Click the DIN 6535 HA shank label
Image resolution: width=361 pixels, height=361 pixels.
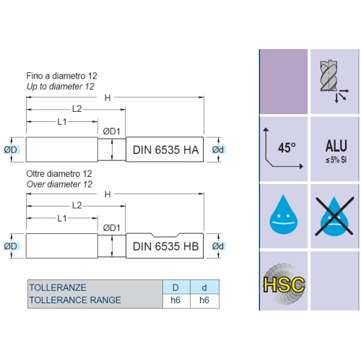pos(166,150)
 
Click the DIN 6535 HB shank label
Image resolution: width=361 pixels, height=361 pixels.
pos(166,246)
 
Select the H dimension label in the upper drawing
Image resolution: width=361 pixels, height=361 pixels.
pos(108,98)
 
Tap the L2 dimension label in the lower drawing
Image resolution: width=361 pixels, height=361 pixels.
pos(77,205)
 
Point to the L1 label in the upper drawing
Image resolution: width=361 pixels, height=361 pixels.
pos(62,122)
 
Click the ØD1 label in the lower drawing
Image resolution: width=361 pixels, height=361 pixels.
pos(111,227)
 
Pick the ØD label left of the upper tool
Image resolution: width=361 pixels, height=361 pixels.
pos(11,149)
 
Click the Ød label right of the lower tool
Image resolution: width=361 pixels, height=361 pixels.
pos(218,246)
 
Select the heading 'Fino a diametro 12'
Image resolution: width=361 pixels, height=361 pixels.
pos(61,76)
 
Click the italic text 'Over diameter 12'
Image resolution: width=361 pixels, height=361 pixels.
pos(59,184)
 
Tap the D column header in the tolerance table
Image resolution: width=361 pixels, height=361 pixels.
pos(175,287)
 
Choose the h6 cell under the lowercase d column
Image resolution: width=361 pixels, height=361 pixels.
pos(204,300)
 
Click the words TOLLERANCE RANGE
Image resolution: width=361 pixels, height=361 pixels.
pos(75,300)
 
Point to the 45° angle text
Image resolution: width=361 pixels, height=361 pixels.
pos(287,148)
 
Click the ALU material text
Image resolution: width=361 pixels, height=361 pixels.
pos(336,146)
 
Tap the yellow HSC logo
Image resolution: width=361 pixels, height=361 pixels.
pos(284,284)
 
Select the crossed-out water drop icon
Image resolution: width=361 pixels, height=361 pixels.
pos(334,216)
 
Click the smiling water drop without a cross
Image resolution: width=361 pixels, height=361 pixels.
pos(284,214)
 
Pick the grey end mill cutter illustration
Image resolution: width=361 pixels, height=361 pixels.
pos(329,76)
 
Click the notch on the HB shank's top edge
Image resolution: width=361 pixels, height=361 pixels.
pos(165,235)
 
